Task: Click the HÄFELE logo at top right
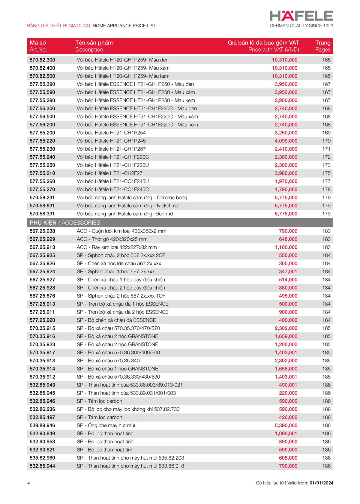click(x=301, y=16)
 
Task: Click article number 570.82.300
click(x=42, y=60)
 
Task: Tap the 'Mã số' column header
click(x=38, y=43)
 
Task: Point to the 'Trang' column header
click(x=323, y=43)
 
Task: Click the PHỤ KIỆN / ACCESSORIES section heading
click(x=65, y=223)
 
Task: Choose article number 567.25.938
click(x=42, y=231)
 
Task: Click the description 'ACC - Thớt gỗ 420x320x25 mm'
click(x=112, y=239)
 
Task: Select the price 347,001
click(x=288, y=272)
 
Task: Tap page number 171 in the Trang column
click(x=326, y=149)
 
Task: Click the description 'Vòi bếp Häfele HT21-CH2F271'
click(x=111, y=173)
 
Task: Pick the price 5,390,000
click(x=286, y=426)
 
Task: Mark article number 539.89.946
click(x=42, y=426)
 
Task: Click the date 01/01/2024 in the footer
click(x=321, y=483)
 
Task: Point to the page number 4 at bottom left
click(x=28, y=483)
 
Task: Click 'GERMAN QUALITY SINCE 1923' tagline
click(x=301, y=26)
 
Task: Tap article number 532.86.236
click(x=42, y=409)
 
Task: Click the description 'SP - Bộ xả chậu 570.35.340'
click(x=108, y=361)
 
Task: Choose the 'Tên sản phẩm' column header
click(x=94, y=43)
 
